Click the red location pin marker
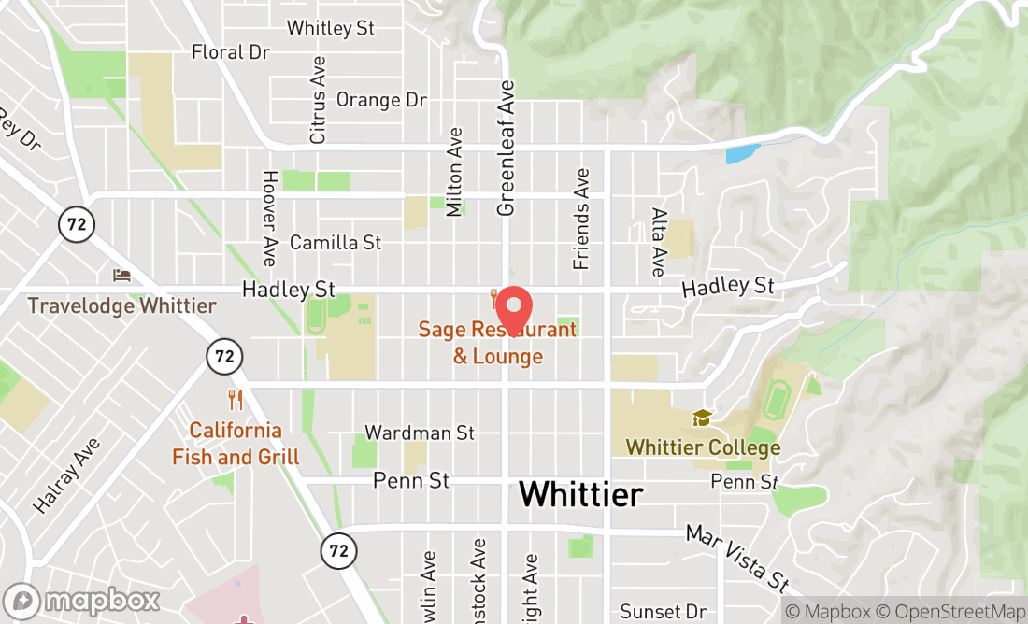(x=512, y=307)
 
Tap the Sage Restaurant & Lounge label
(x=497, y=343)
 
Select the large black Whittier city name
(x=580, y=493)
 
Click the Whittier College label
(x=703, y=447)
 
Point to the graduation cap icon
(x=702, y=418)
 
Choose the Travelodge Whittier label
(x=121, y=305)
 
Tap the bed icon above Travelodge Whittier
(x=121, y=276)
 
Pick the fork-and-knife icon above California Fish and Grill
(x=236, y=401)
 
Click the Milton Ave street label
(x=455, y=172)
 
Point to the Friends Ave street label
(x=582, y=219)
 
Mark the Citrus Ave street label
(x=319, y=100)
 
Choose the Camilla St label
(x=336, y=243)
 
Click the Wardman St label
(x=420, y=433)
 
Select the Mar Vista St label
(x=737, y=559)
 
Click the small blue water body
(x=742, y=153)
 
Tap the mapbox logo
(x=81, y=600)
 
